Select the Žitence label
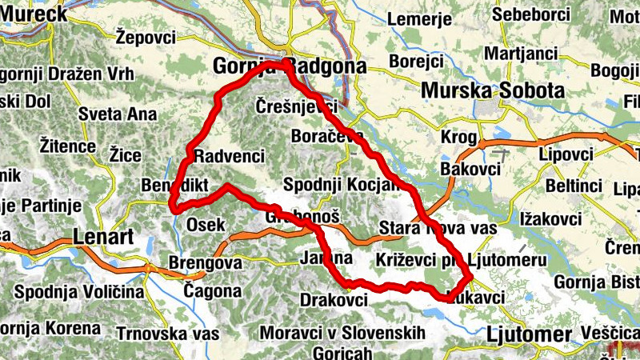click(x=67, y=146)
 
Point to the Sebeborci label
click(x=531, y=14)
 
